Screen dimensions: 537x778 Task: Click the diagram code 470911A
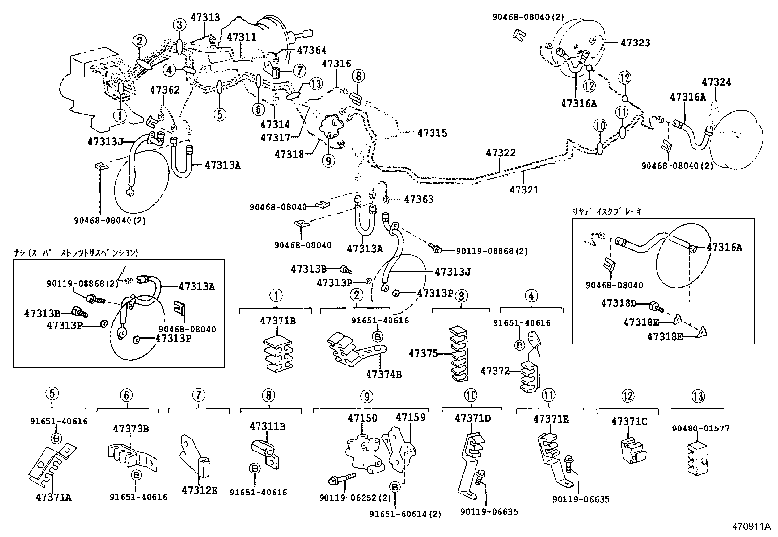click(x=750, y=527)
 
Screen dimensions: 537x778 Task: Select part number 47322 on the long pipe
click(x=500, y=153)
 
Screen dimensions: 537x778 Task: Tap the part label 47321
click(x=523, y=190)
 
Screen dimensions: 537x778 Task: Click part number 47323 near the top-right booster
click(x=635, y=43)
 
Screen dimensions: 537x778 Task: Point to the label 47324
click(x=716, y=82)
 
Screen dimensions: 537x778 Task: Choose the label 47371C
click(x=628, y=421)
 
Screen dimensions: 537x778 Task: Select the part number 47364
click(x=311, y=50)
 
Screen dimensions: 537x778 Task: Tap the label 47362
click(x=164, y=90)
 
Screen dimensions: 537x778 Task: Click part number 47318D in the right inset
click(x=619, y=303)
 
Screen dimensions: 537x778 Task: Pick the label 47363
click(x=418, y=199)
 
